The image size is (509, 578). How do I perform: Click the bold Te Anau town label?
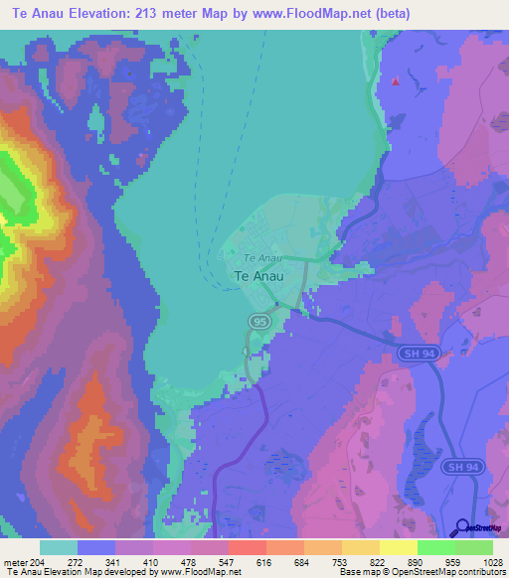click(257, 277)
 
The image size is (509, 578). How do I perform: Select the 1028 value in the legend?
click(479, 562)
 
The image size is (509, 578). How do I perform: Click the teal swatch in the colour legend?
click(59, 547)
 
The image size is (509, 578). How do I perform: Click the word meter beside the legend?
click(16, 562)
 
